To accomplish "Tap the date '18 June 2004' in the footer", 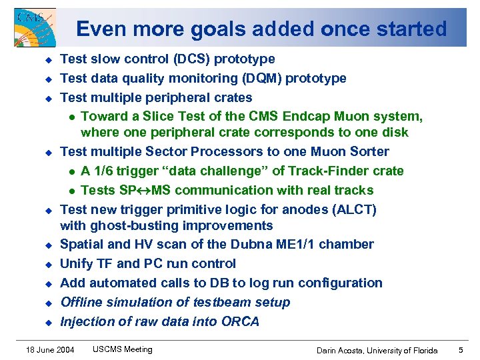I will click(x=50, y=350).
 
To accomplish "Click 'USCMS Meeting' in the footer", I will click(x=123, y=349).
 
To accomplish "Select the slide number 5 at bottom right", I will click(x=461, y=350).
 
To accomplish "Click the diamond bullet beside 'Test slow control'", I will click(x=47, y=60).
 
